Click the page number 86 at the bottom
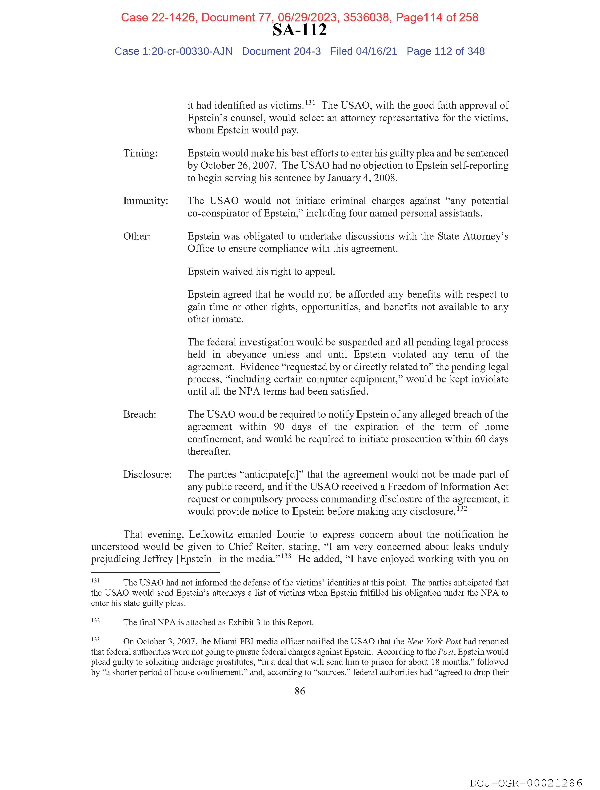300,691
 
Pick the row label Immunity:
145,201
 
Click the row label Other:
137,237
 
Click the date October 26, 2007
238,165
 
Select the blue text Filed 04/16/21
363,52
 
